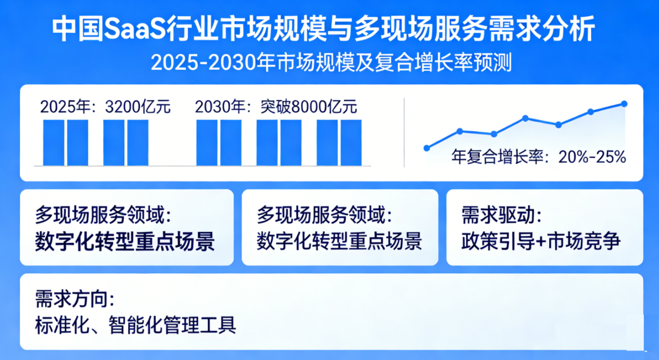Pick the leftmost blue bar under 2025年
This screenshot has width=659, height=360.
[x=53, y=143]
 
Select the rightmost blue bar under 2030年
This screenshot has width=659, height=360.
[x=351, y=143]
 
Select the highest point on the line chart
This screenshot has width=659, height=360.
[x=624, y=103]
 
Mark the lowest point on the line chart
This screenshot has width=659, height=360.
[x=427, y=147]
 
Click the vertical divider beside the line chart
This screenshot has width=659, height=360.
[x=404, y=132]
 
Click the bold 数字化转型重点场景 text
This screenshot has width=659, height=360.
[x=125, y=241]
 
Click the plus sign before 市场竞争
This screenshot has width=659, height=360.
[x=539, y=241]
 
